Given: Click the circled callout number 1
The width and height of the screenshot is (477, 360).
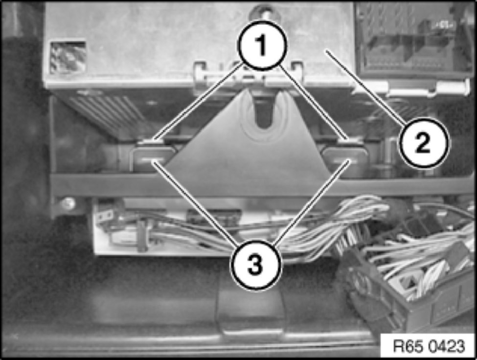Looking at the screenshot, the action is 262,45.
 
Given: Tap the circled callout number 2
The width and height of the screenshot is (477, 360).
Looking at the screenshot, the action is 423,143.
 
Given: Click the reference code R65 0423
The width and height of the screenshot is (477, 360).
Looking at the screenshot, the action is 429,346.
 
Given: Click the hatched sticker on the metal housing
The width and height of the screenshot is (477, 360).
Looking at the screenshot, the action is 68,57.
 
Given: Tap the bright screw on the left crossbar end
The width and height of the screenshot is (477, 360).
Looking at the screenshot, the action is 68,203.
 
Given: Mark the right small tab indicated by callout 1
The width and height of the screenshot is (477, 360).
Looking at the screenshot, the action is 349,140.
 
